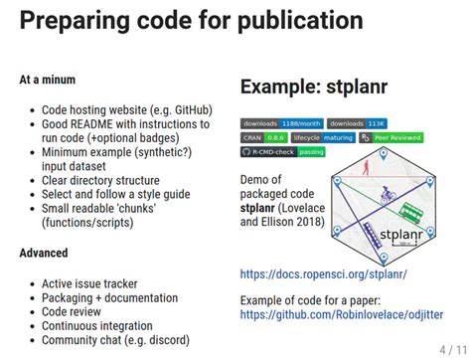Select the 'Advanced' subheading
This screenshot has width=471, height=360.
(x=44, y=254)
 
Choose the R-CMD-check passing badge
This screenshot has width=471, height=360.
(x=282, y=152)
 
